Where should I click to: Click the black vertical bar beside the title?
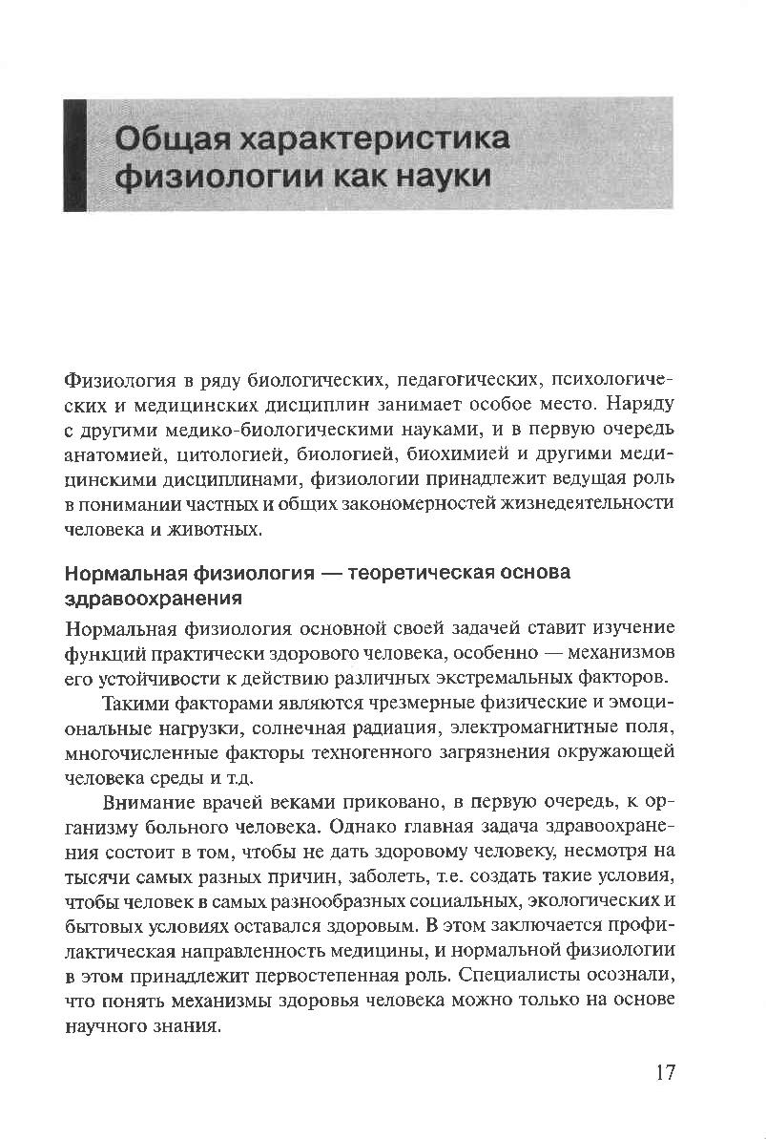[73, 154]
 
